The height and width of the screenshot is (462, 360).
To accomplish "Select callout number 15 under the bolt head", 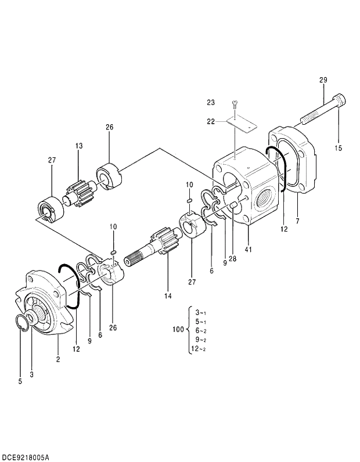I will [338, 148].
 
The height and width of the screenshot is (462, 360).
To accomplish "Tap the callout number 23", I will [210, 103].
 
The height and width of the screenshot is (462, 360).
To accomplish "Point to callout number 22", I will [210, 122].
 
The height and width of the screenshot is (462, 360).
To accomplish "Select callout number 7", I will [297, 222].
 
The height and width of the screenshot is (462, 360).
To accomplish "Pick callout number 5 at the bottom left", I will [20, 381].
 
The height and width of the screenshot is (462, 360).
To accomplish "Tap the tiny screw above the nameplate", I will [235, 104].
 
